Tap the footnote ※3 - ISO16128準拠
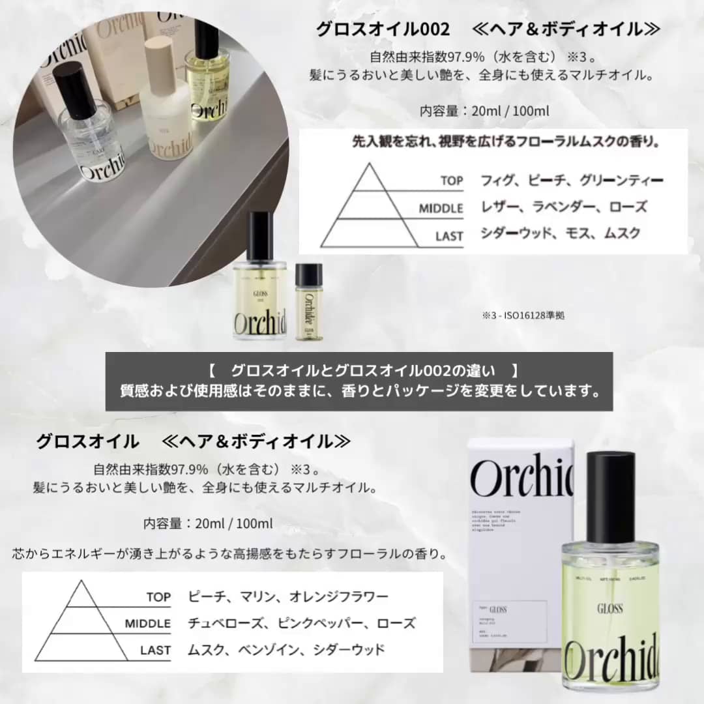click(523, 315)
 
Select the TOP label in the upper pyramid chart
click(451, 181)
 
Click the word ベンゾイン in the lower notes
click(269, 649)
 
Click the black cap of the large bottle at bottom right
click(611, 482)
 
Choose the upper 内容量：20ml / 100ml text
click(485, 111)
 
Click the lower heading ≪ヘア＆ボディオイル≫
click(256, 441)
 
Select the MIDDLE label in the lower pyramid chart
click(148, 623)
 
